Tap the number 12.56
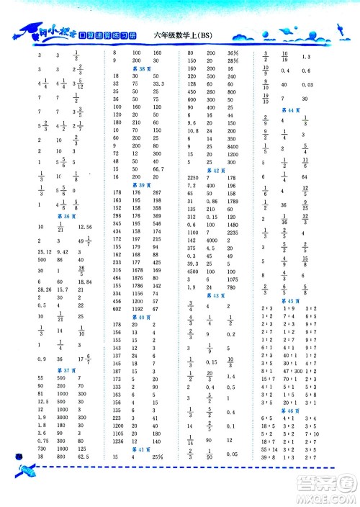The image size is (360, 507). [87, 226]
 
